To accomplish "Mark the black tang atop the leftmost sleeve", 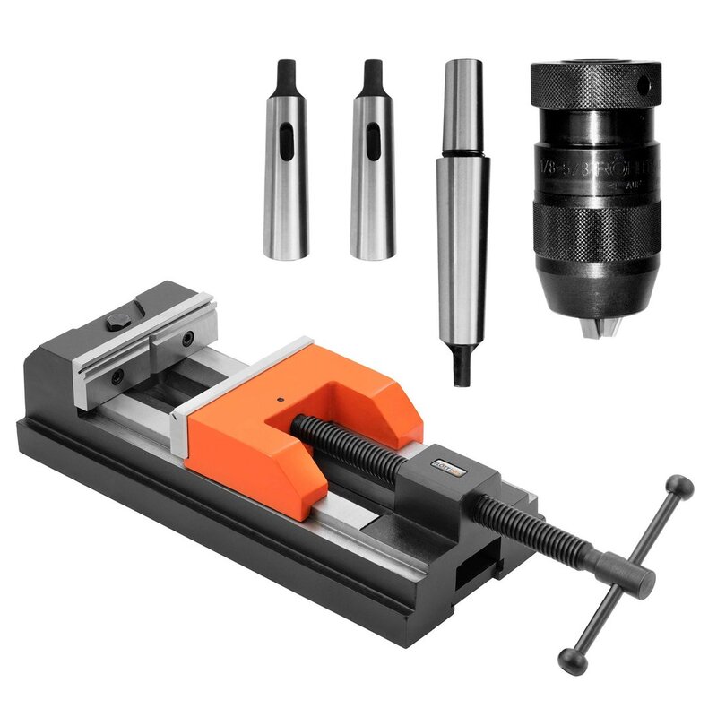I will tap(286, 76).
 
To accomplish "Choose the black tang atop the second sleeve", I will tap(373, 76).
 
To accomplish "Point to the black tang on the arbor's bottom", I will tap(462, 367).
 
